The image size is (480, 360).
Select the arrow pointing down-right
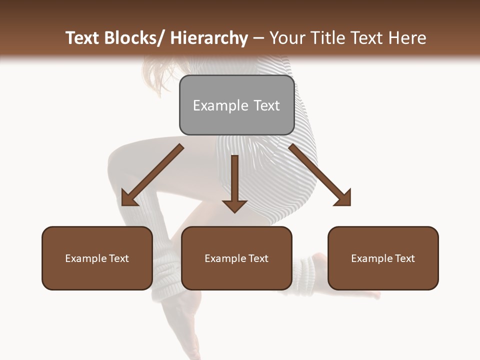[x=320, y=175]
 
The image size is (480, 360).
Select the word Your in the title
[x=287, y=38]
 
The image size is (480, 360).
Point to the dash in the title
[x=258, y=39]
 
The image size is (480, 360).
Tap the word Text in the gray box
[x=266, y=105]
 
